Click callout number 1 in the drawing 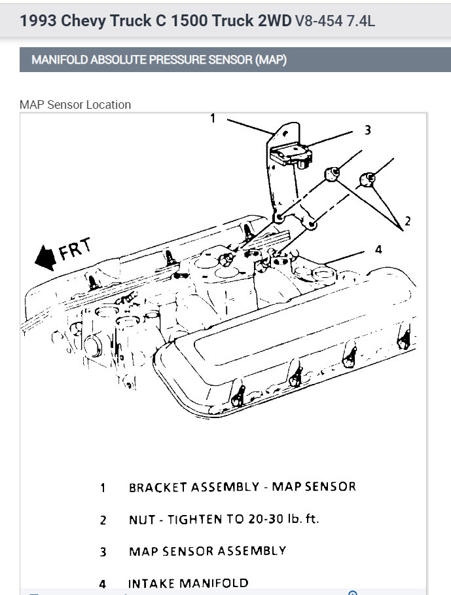pyautogui.click(x=213, y=119)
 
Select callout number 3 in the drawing pyautogui.click(x=368, y=130)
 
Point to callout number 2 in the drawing pyautogui.click(x=407, y=221)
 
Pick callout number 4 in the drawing pyautogui.click(x=378, y=249)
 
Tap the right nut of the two pyautogui.click(x=368, y=178)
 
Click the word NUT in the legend pyautogui.click(x=141, y=520)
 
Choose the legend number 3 pyautogui.click(x=103, y=552)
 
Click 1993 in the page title pyautogui.click(x=37, y=21)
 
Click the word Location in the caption pyautogui.click(x=109, y=105)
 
